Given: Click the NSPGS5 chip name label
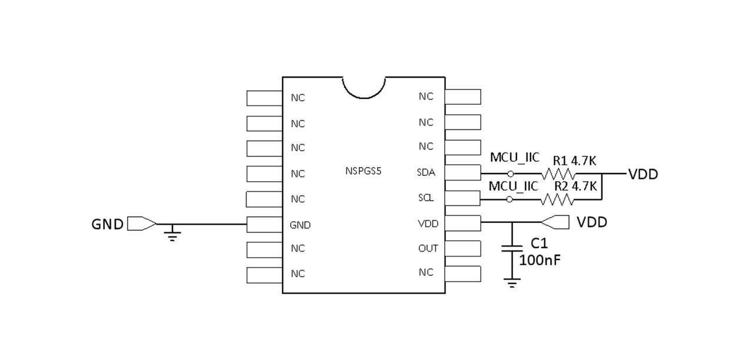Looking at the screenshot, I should tap(364, 172).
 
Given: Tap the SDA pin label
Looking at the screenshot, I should tap(426, 172).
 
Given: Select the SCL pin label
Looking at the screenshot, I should tap(426, 198).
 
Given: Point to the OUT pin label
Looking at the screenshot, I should tap(428, 248).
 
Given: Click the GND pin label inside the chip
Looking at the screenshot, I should tap(300, 225).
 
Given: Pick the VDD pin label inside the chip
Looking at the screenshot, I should tap(428, 224).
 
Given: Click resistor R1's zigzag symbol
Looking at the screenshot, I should tap(558, 174).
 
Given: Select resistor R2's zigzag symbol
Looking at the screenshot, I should tap(558, 200).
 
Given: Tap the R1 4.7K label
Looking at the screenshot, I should tap(575, 160).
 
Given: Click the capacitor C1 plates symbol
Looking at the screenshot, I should tap(512, 249).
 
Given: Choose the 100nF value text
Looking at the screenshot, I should tap(540, 259).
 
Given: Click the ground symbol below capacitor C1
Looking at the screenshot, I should tap(512, 284).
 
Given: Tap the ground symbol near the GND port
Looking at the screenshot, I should tap(172, 237).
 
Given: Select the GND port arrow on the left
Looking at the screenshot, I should tap(142, 224).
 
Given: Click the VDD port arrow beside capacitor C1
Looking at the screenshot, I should tap(555, 222).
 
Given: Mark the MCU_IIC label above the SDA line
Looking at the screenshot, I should tap(514, 158).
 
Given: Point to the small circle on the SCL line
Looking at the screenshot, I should tap(509, 200).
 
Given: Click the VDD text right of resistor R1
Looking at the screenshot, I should tap(643, 175).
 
